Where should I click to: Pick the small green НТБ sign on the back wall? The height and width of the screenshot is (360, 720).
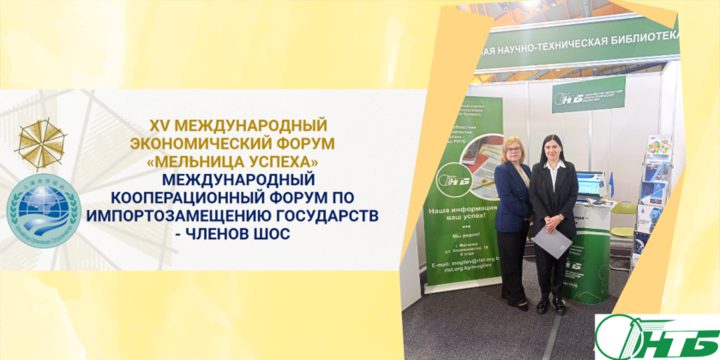pyautogui.click(x=588, y=94)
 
